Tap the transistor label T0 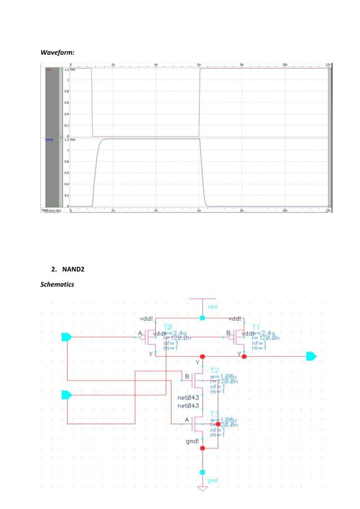(x=168, y=327)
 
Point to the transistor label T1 (x=256, y=327)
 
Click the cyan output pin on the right (x=311, y=356)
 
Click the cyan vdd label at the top (x=212, y=306)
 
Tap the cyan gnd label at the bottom (x=212, y=480)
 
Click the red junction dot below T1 (x=247, y=356)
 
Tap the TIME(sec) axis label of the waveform (x=51, y=210)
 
